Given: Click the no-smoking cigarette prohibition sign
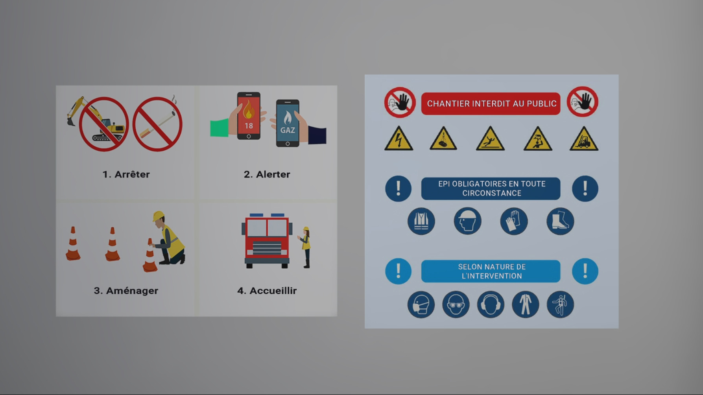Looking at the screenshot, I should coord(157,124).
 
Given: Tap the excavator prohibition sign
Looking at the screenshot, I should coord(104,124).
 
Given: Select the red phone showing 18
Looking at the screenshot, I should coord(249,116).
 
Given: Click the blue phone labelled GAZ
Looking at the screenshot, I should coord(288,123).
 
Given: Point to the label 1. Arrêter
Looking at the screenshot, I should coord(126,174).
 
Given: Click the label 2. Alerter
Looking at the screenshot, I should coord(267,174).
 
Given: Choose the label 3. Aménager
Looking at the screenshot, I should coord(126,291).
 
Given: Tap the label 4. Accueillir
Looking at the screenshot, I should coord(267,291).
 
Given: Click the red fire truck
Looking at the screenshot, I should coord(267,241).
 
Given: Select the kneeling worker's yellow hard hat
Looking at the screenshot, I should coord(158,216).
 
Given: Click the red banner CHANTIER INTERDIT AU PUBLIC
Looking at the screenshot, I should coord(491,104).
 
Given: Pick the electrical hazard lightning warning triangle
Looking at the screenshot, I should coord(399,139).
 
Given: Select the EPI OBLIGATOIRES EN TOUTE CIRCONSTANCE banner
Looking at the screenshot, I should coord(491,188).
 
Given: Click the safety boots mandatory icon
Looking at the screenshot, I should coord(560,221).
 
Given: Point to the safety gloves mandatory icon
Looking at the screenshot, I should coord(514,221).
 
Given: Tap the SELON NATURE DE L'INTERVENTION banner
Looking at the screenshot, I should coord(491,271).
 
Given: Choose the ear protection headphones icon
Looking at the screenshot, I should coord(491,305).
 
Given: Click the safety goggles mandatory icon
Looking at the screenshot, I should coord(456,305).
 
